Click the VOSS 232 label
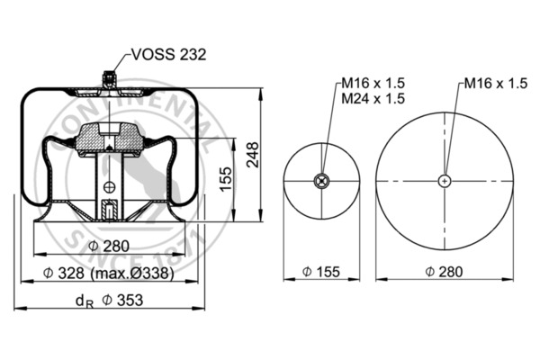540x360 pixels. (168, 55)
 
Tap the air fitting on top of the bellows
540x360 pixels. (110, 80)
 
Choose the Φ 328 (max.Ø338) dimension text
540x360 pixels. (110, 273)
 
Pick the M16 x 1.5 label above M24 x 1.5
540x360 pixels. (372, 84)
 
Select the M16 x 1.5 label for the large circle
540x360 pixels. (494, 84)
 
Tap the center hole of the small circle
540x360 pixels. (321, 181)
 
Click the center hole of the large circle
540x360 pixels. (445, 181)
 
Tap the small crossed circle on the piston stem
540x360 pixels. (110, 187)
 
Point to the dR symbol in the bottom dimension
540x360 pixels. (84, 301)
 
